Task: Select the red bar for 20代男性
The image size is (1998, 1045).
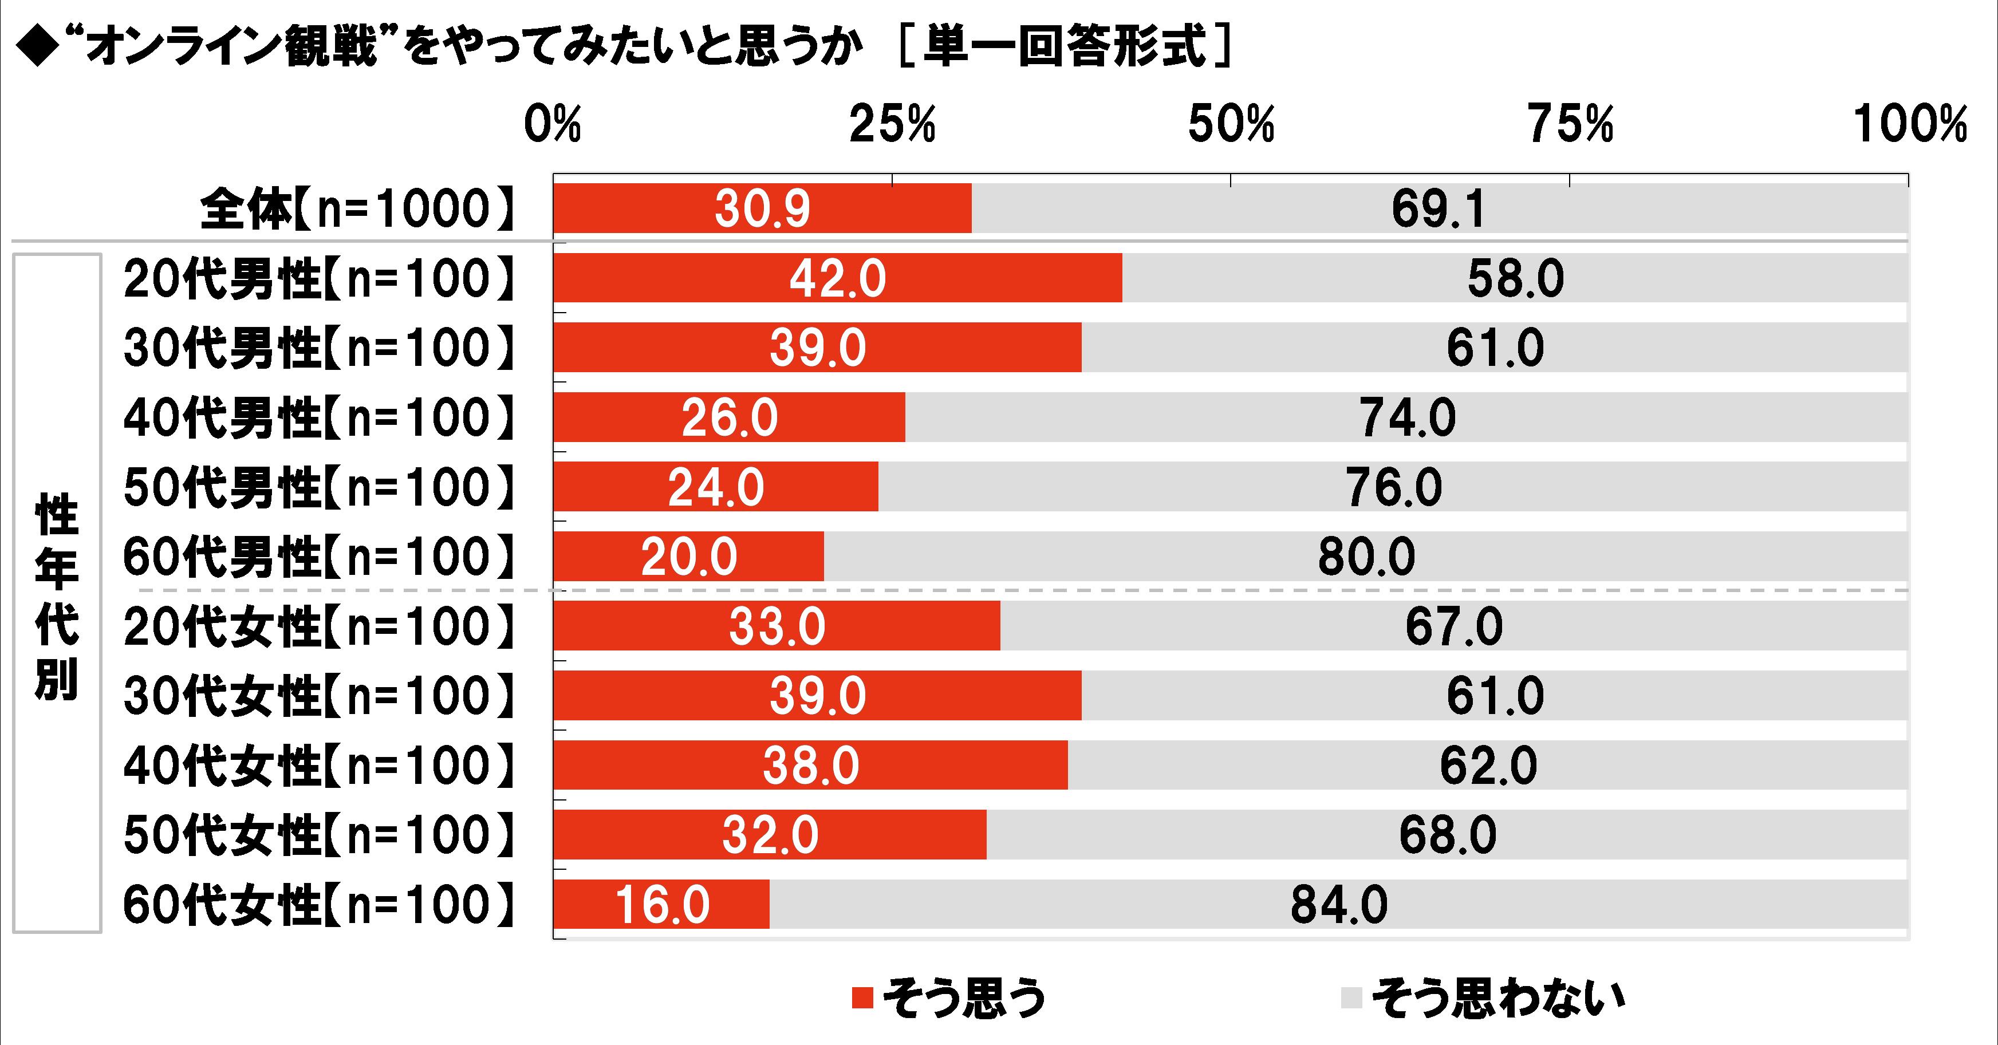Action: click(838, 278)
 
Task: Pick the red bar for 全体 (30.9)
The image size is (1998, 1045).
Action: click(762, 208)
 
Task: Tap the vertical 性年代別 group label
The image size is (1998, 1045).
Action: click(57, 593)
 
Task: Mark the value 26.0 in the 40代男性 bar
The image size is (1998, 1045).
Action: click(729, 417)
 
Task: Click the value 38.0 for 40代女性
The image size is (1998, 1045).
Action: click(810, 766)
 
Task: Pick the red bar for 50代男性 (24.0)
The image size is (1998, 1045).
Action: click(715, 487)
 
